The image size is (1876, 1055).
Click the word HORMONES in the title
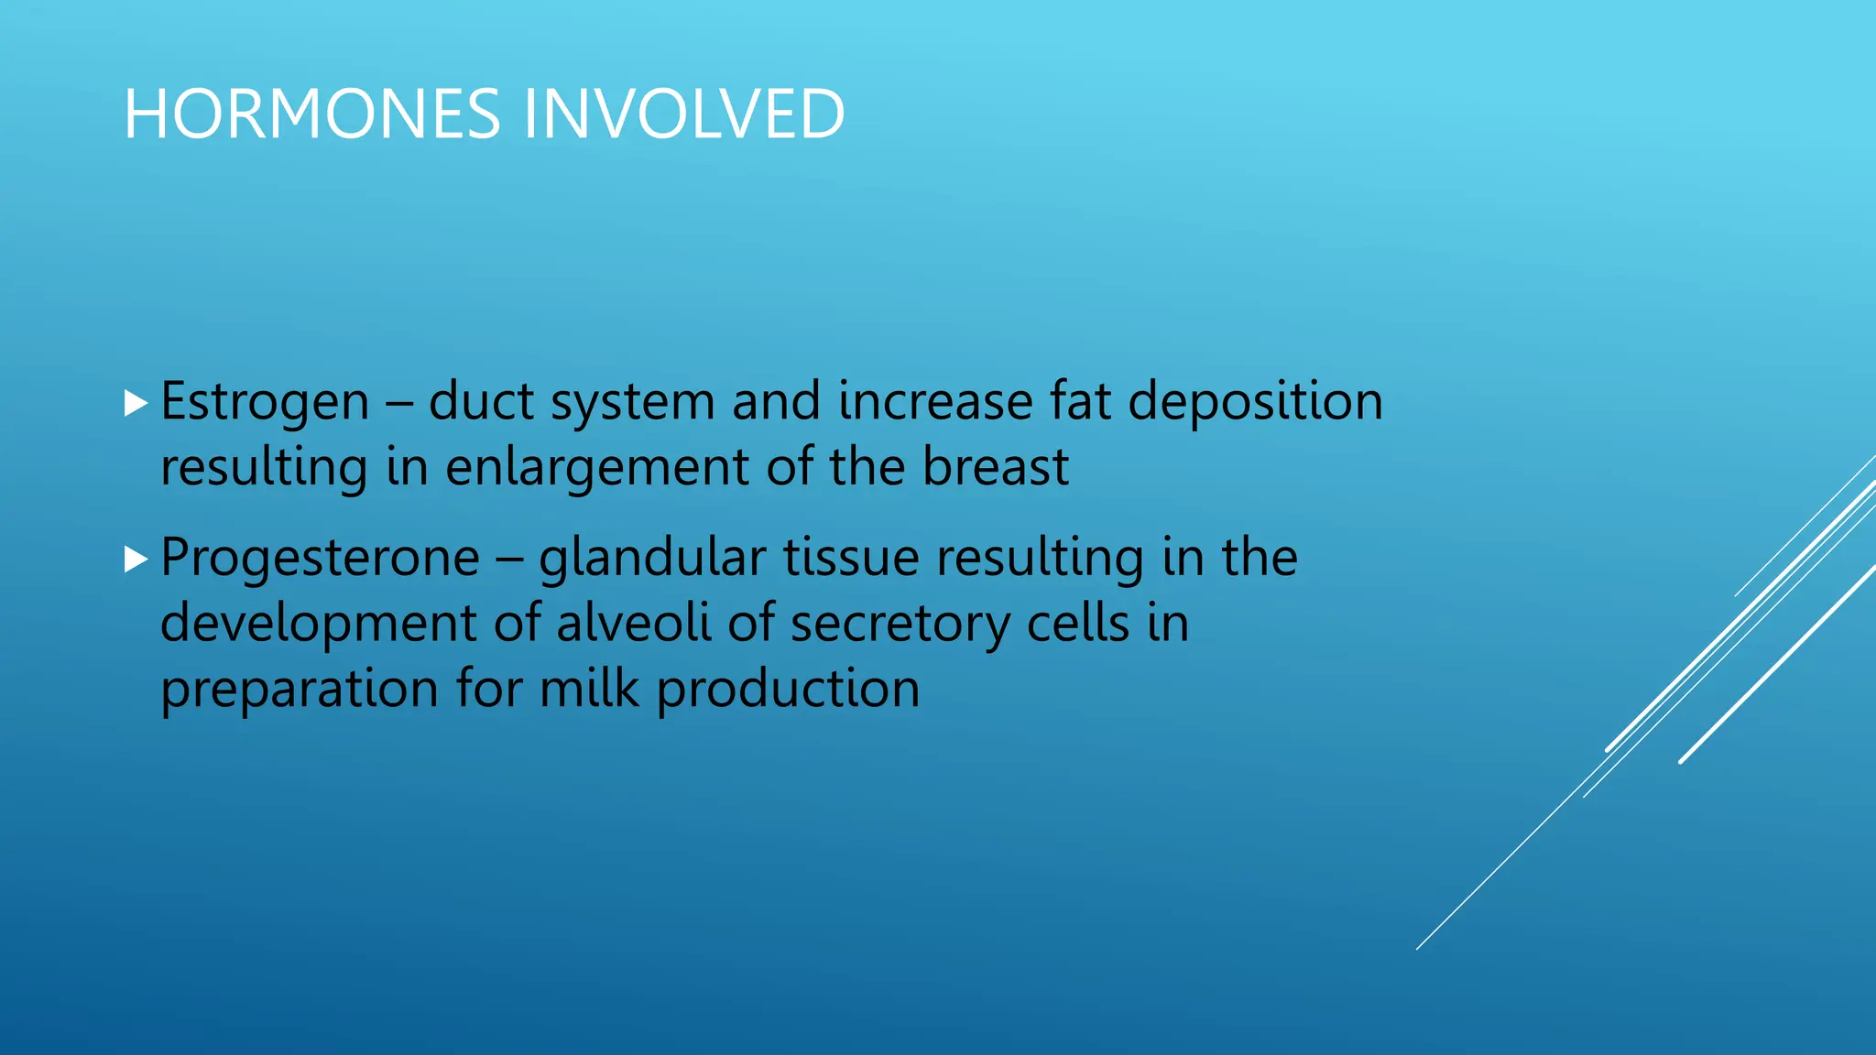[x=311, y=114]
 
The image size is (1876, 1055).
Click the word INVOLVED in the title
[x=682, y=114]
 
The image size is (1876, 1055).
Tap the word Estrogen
[x=265, y=402]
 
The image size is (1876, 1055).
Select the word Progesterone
[x=320, y=558]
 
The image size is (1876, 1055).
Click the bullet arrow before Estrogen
[x=136, y=403]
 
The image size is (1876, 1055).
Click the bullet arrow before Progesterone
[x=136, y=559]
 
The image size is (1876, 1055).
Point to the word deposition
[x=1255, y=402]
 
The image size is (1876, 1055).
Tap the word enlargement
[x=597, y=468]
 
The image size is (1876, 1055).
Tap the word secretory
[x=899, y=625]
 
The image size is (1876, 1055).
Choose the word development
[x=318, y=625]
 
